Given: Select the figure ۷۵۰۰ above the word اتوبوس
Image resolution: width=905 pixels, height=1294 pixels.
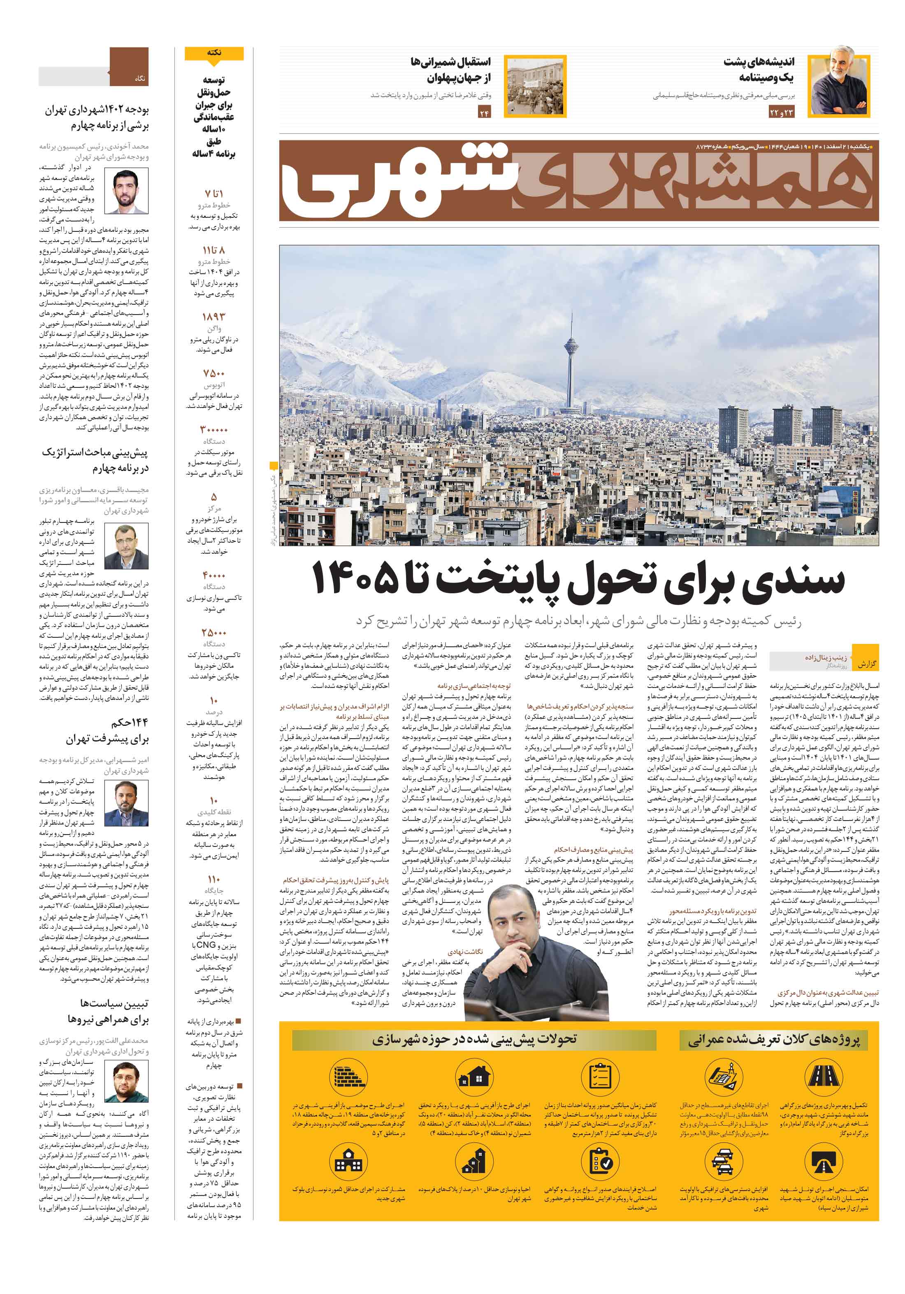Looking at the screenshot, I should coord(213,374).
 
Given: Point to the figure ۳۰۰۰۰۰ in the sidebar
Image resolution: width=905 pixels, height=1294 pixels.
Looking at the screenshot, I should coord(213,430).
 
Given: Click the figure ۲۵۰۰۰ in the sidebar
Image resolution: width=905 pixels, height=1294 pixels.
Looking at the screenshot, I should coord(213,632).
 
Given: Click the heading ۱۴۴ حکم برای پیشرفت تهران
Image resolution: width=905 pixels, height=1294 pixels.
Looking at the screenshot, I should coord(107,731).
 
